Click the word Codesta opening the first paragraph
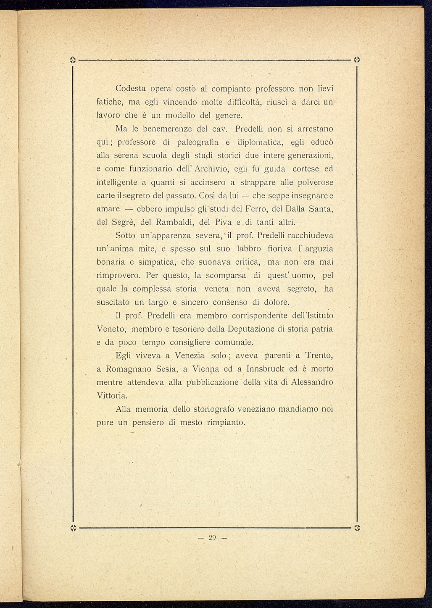(130, 89)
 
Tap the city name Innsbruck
(266, 369)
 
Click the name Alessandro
(312, 382)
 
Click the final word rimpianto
(226, 422)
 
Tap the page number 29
(212, 538)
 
